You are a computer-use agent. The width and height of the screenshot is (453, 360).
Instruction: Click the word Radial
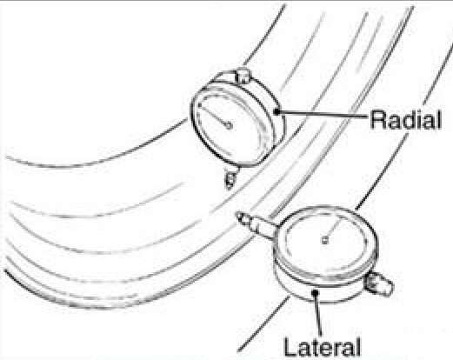point(406,119)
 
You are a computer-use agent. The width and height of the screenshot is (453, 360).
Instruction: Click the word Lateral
point(323,346)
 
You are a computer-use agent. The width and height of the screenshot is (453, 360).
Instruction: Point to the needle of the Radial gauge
point(215,116)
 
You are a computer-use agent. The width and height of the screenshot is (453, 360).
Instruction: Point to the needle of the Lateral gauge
point(331,230)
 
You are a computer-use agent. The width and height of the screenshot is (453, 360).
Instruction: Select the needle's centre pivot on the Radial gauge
point(229,126)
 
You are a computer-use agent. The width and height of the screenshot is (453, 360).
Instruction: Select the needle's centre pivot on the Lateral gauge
point(325,240)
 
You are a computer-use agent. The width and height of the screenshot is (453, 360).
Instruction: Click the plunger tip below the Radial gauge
point(230,181)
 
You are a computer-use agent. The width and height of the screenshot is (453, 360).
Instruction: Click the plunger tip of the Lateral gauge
point(240,217)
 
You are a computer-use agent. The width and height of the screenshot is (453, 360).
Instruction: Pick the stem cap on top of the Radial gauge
point(243,75)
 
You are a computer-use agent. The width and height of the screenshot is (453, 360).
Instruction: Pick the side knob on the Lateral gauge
point(379,283)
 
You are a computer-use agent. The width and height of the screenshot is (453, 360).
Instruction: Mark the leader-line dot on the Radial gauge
point(277,111)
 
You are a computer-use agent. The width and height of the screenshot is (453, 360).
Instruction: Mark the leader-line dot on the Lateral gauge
point(316,293)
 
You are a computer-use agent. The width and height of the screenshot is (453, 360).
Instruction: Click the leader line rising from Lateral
point(318,314)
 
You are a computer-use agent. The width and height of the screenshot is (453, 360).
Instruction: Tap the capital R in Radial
point(378,119)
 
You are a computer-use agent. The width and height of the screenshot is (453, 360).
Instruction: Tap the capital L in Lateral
point(290,346)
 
